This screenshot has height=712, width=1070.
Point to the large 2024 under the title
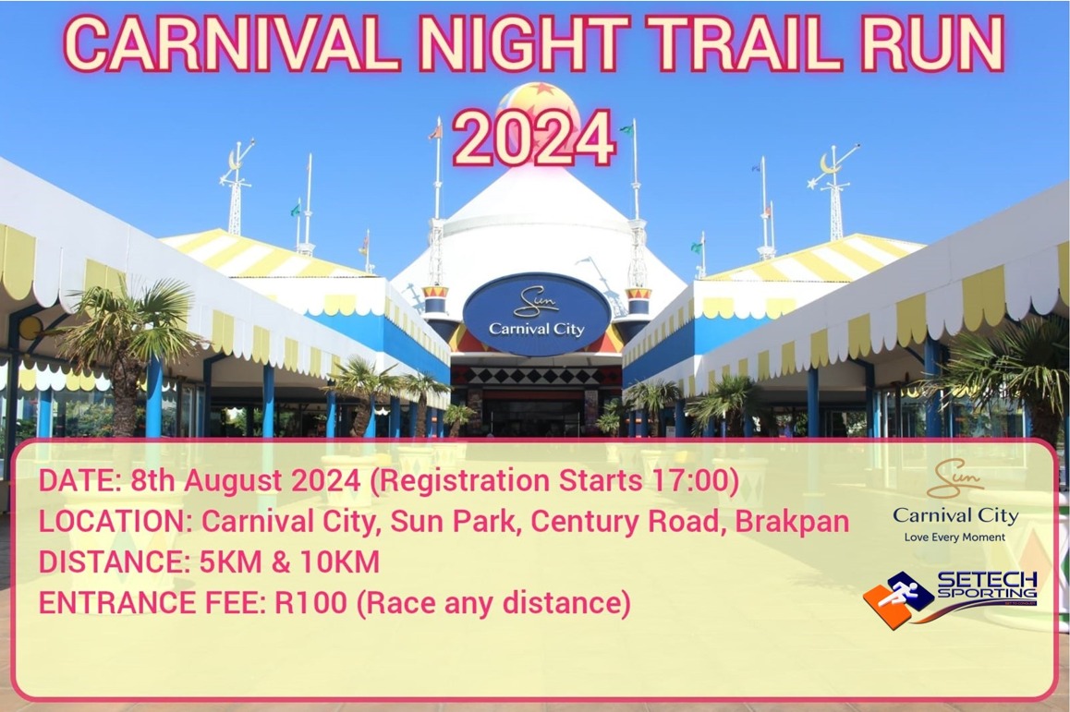click(x=534, y=139)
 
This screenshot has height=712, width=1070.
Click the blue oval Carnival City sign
click(x=537, y=314)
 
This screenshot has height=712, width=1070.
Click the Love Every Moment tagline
click(x=954, y=537)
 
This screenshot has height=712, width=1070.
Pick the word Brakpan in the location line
click(x=792, y=522)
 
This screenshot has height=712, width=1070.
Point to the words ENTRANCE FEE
click(x=151, y=603)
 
